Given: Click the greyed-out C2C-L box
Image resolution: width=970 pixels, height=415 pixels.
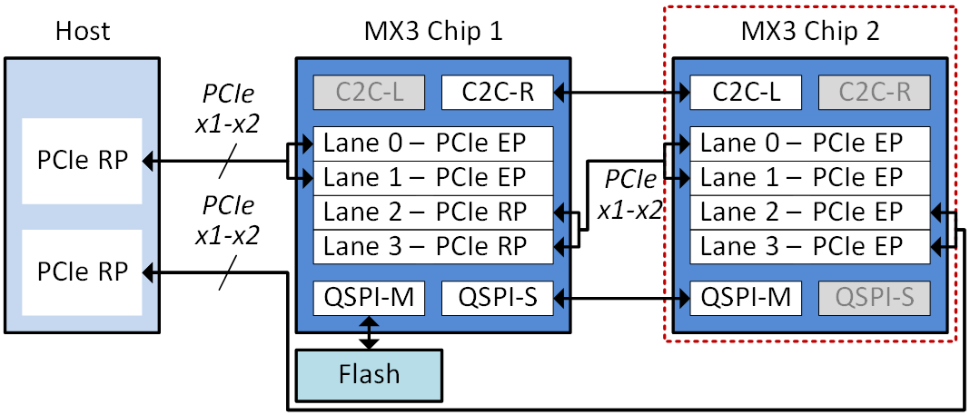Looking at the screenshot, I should [x=369, y=92].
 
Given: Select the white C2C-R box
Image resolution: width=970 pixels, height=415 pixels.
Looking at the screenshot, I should [x=497, y=92].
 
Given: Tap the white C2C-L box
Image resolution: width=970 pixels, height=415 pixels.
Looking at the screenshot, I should [x=746, y=92].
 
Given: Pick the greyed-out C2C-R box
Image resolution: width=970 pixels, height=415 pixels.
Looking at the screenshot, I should [x=875, y=92].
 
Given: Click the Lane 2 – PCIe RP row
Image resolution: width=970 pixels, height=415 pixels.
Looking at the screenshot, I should [x=432, y=212].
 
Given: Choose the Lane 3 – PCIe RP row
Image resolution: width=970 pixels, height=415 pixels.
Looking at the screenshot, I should [x=432, y=247].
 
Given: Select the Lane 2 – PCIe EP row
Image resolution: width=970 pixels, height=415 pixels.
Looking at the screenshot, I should [x=810, y=212].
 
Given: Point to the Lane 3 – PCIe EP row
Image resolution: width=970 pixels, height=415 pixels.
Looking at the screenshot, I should [x=810, y=247].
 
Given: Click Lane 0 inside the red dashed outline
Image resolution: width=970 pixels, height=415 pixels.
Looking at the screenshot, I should [x=810, y=143].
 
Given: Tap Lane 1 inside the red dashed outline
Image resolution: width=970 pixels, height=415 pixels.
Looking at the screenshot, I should [x=810, y=178].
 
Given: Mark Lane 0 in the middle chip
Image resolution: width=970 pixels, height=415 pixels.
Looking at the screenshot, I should [x=432, y=143].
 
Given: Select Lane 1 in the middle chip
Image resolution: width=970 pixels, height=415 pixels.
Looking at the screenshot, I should [x=432, y=178].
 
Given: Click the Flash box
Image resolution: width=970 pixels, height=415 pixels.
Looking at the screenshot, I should [x=369, y=375].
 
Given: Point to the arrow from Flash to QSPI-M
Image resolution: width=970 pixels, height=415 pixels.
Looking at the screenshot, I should [x=369, y=323].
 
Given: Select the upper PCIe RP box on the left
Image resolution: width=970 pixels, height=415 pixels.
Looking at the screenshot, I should [x=82, y=161].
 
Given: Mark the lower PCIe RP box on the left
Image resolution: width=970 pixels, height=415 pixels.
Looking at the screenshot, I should [x=82, y=272].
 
